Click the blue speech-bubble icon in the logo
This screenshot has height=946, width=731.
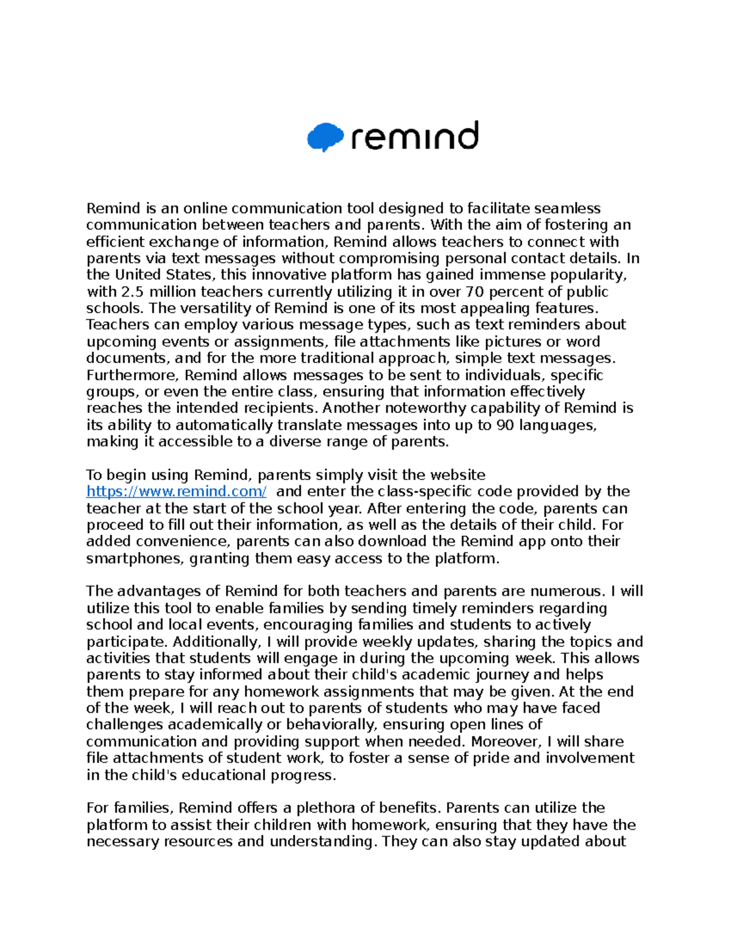325,136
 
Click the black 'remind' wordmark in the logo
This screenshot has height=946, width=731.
415,136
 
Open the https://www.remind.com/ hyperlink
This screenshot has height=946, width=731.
176,492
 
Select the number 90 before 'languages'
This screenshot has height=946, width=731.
505,425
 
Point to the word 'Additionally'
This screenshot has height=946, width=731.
216,642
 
